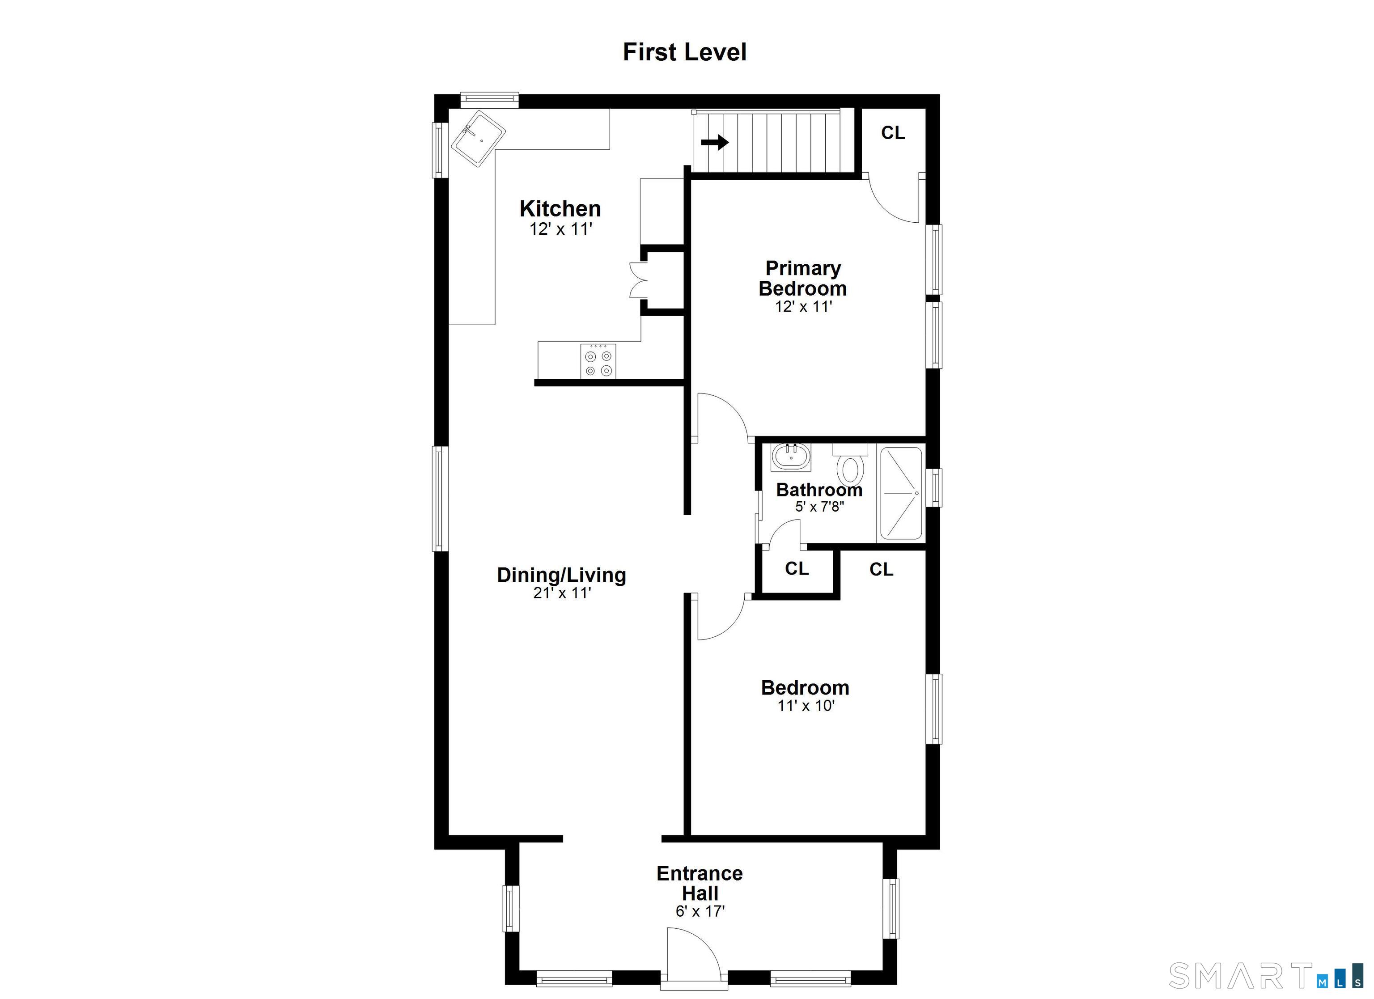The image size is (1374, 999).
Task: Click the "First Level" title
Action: [685, 52]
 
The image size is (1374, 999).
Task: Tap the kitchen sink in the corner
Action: [479, 139]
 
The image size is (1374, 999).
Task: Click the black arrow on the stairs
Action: [715, 142]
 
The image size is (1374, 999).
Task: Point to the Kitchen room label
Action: [560, 208]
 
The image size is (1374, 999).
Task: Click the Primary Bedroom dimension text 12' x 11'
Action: [803, 307]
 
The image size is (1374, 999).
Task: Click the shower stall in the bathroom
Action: [901, 493]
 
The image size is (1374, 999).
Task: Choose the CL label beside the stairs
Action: [893, 133]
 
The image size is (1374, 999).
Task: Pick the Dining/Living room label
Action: [562, 575]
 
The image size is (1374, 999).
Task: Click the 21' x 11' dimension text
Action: [562, 593]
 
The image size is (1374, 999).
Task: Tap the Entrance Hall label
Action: [700, 883]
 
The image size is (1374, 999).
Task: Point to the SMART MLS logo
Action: [1266, 975]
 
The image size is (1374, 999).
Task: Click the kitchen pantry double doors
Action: [638, 280]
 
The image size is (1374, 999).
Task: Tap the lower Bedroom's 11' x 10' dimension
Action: [806, 706]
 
